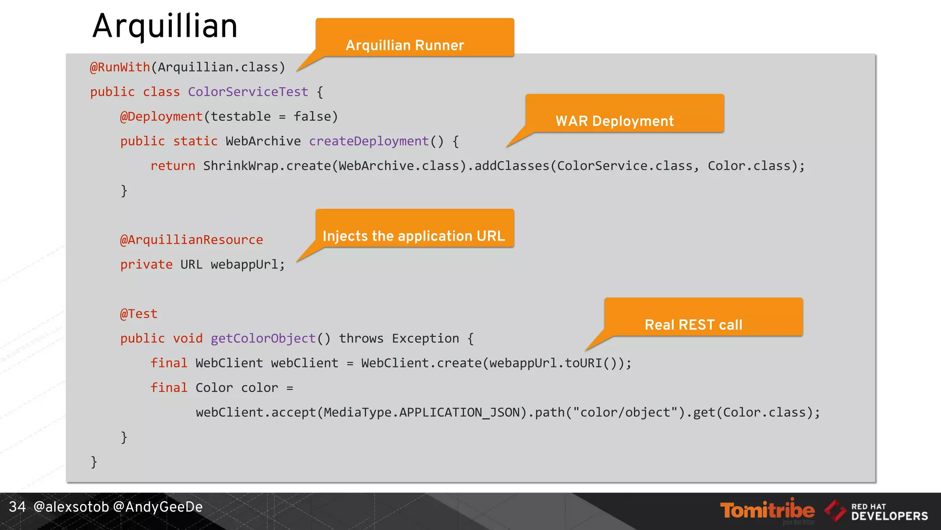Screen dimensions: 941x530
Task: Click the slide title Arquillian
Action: tap(165, 26)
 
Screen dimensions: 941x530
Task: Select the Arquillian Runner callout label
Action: tap(405, 45)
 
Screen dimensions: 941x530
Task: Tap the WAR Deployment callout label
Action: tap(614, 121)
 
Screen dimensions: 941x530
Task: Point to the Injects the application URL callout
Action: tap(414, 236)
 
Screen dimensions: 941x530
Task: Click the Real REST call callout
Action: tap(693, 325)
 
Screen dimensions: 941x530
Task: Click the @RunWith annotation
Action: tap(120, 67)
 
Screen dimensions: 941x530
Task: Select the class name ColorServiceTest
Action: tap(248, 92)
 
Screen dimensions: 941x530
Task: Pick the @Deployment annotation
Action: tap(161, 116)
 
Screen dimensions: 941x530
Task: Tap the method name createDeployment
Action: tap(368, 141)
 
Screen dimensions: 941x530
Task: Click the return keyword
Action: tap(173, 166)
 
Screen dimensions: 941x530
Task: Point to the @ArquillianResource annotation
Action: tap(191, 240)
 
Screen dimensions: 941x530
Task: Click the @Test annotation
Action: tap(138, 314)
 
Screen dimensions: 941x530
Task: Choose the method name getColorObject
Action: tap(263, 339)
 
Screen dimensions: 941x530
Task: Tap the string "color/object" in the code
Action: tap(625, 412)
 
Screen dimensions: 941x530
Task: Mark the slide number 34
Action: tap(17, 507)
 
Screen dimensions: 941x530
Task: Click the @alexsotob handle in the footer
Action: tap(71, 507)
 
